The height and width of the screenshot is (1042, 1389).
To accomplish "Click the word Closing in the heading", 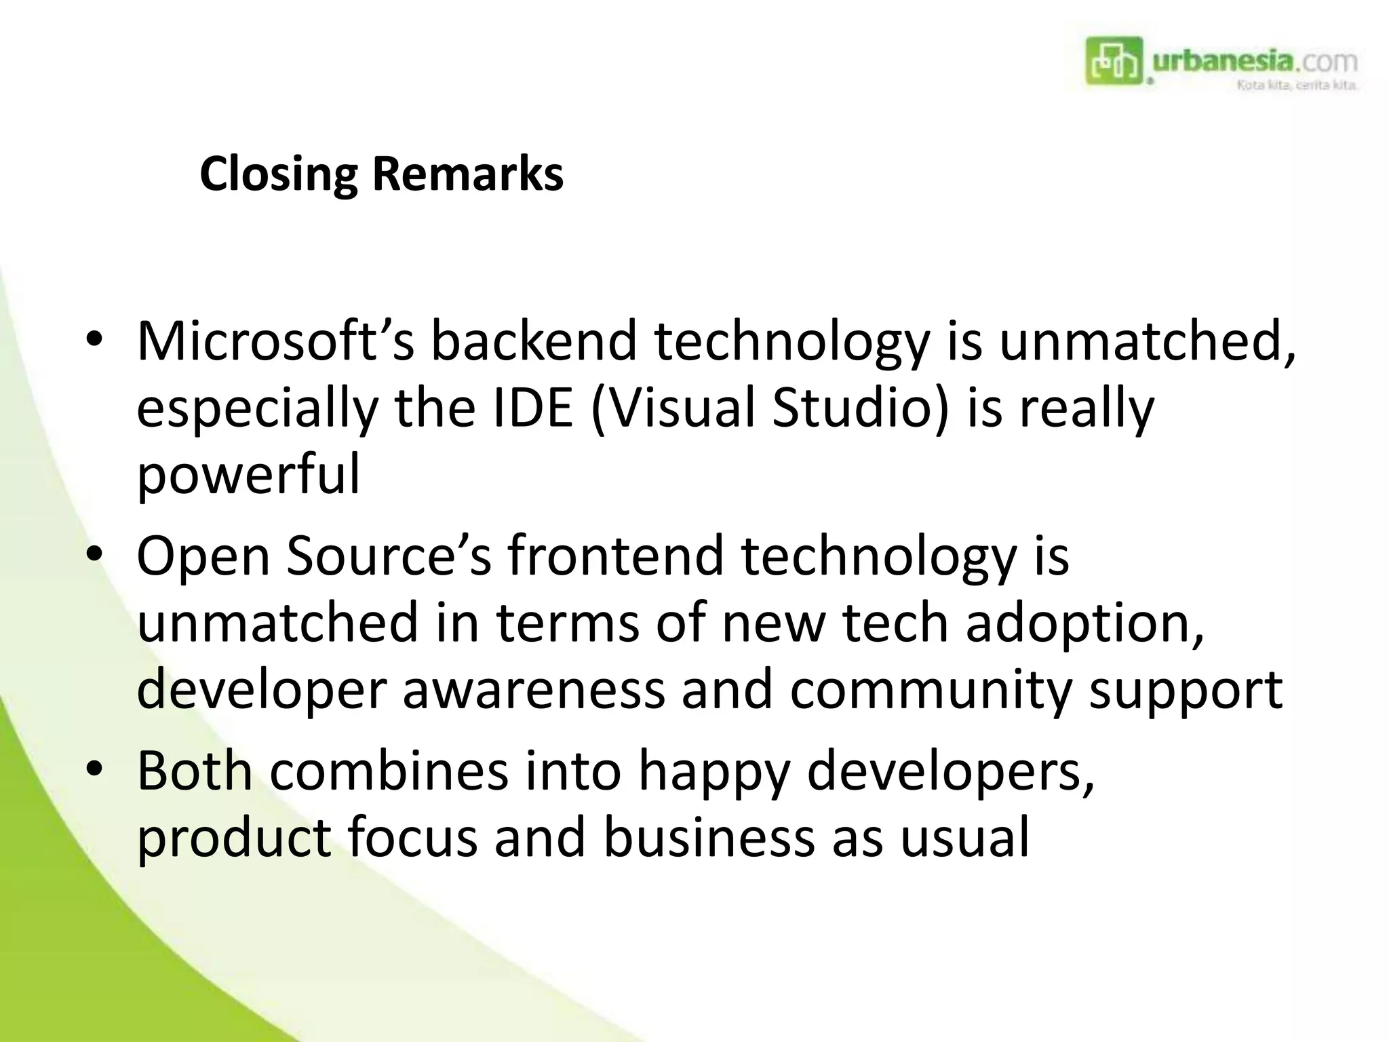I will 278,175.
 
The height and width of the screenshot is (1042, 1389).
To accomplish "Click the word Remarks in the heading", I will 467,175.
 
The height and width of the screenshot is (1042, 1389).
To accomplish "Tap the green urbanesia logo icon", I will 1114,61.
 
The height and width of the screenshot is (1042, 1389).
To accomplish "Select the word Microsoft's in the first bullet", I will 275,341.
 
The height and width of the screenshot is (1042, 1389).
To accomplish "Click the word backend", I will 534,341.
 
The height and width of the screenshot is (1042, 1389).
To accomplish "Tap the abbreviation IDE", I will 533,409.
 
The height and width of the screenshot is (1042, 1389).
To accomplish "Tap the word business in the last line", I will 709,838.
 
